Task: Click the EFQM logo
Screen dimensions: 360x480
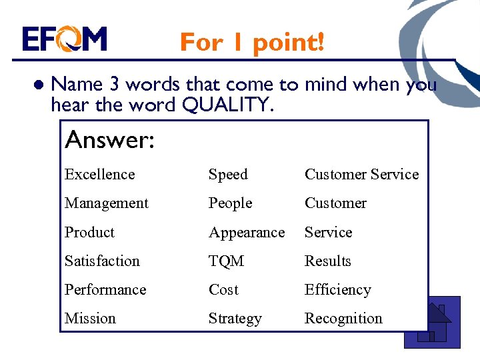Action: point(64,39)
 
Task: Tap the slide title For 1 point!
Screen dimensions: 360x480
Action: point(252,42)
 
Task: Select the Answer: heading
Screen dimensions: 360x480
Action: point(110,140)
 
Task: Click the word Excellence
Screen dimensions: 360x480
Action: point(99,175)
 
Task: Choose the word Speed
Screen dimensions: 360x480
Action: point(228,175)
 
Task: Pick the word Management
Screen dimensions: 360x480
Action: point(107,203)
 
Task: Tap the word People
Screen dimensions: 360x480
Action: point(230,203)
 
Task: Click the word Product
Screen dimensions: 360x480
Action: point(89,232)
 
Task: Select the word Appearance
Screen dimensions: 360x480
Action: point(247,233)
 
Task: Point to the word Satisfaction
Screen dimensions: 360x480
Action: point(102,261)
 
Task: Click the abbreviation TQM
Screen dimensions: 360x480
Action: point(226,261)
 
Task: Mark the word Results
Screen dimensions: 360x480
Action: point(327,261)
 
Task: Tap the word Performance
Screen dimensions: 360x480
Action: point(105,290)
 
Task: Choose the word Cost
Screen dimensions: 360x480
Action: point(223,290)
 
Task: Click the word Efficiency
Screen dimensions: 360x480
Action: point(337,290)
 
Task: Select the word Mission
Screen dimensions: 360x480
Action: point(90,319)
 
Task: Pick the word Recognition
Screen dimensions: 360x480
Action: point(343,319)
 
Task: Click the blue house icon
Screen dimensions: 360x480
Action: point(433,324)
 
